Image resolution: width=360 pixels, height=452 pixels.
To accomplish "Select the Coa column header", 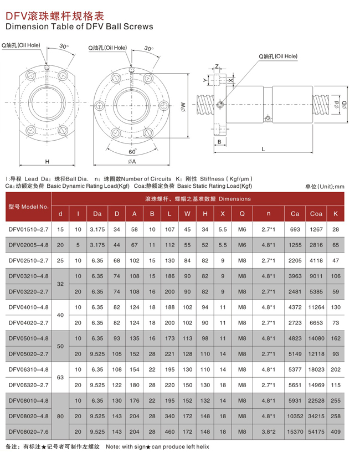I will click(316, 213).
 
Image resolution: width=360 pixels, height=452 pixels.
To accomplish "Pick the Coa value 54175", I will click(316, 430).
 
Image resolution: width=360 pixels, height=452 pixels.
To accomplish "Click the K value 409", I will click(336, 430).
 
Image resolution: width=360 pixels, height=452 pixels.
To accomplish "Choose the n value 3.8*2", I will click(268, 430).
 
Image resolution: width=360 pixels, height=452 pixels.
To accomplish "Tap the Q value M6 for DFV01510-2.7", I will click(242, 229).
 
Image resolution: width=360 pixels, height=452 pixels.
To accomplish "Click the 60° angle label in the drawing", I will click(132, 151).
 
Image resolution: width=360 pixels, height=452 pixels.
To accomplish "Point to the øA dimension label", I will click(132, 161).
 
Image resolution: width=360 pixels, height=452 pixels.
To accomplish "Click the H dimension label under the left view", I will click(48, 161).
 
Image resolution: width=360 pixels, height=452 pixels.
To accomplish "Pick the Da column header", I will click(97, 213).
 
